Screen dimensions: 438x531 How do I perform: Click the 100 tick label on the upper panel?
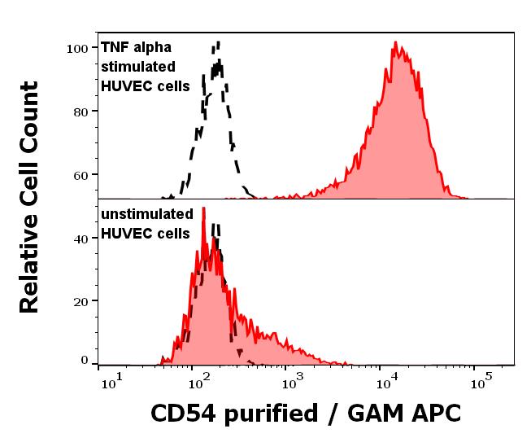coord(76,48)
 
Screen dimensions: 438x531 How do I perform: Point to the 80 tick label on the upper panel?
coord(80,111)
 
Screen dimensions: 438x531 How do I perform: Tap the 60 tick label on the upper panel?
coord(80,174)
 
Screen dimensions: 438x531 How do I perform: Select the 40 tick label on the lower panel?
coord(80,239)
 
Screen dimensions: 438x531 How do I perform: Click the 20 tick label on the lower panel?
coord(80,300)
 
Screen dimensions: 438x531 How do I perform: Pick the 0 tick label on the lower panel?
coord(84,360)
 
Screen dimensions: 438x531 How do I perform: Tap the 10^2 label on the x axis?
coord(198,379)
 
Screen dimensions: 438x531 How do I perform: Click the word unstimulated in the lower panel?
coord(146,215)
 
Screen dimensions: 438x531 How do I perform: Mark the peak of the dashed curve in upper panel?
coord(218,42)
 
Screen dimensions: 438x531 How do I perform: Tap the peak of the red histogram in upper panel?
coord(395,42)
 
